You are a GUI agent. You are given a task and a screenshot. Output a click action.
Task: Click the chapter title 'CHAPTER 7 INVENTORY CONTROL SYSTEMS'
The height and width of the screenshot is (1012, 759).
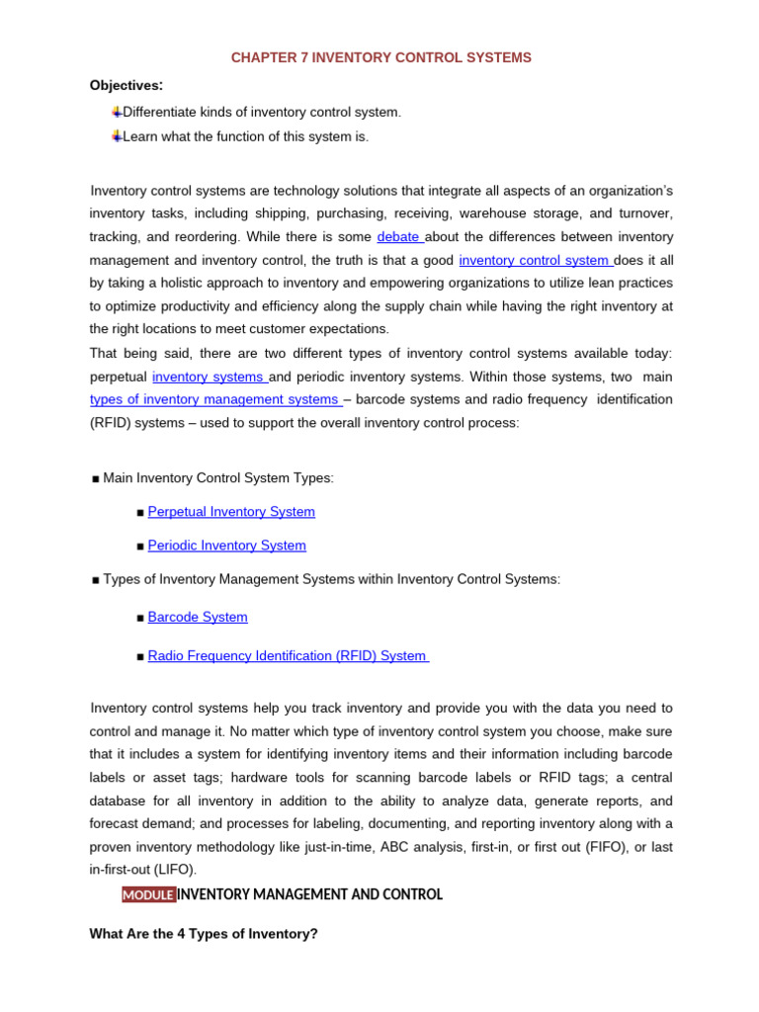[x=380, y=58]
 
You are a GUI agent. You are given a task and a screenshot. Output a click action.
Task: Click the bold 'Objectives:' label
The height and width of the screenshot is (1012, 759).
[x=126, y=85]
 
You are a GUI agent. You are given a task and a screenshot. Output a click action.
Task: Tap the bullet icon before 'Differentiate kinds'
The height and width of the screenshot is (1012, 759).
[x=117, y=112]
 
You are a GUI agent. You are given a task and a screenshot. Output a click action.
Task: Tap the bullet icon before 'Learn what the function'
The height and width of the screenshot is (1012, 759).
[x=117, y=135]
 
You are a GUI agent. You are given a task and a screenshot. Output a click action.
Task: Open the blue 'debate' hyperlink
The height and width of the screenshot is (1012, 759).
[x=398, y=237]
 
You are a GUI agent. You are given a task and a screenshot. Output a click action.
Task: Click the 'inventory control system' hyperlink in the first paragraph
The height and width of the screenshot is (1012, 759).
[x=534, y=260]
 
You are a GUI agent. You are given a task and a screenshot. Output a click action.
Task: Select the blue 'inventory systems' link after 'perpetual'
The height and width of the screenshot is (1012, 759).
[x=208, y=377]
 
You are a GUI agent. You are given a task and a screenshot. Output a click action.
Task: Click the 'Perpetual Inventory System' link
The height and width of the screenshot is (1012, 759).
[x=231, y=512]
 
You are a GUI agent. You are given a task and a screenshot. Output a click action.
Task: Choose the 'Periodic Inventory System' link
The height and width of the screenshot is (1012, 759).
[x=226, y=546]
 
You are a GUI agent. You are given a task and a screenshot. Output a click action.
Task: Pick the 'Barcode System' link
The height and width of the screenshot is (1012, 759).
[x=198, y=617]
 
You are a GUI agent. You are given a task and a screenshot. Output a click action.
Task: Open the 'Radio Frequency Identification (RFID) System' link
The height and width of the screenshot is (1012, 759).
[x=287, y=655]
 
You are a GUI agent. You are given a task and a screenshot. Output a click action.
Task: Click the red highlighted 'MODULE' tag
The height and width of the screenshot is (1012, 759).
[x=148, y=894]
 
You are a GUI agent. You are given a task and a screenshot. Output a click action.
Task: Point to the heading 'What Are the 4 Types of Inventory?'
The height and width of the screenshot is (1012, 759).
[x=204, y=933]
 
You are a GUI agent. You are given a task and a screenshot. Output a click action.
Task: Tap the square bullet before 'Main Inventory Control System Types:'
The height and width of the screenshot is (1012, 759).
[x=96, y=479]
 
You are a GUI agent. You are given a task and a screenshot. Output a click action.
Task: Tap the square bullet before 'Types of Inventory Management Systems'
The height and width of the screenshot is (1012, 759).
[x=96, y=580]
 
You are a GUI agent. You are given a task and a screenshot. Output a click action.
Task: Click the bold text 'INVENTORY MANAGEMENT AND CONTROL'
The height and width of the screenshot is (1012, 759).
[x=309, y=894]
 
